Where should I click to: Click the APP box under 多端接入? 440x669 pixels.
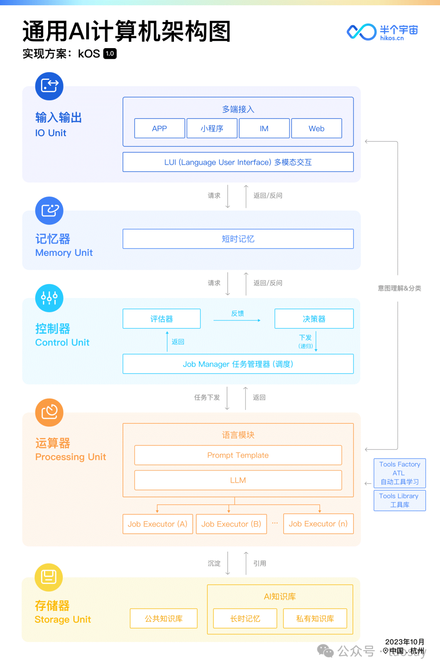click(160, 128)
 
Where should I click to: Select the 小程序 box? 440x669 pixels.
click(212, 128)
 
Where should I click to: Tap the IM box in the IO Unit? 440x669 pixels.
click(264, 128)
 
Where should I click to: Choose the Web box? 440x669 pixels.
click(316, 128)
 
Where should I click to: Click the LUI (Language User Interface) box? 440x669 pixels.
click(238, 162)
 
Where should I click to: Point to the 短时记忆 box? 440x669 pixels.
click(238, 239)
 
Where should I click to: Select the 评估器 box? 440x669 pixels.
click(162, 319)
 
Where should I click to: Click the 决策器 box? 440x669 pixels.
click(314, 319)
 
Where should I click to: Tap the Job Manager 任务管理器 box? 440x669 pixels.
click(238, 364)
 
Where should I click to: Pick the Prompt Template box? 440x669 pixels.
click(238, 455)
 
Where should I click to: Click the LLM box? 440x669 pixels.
click(238, 480)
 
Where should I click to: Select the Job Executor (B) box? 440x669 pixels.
click(231, 524)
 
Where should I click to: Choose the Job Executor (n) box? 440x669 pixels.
click(319, 524)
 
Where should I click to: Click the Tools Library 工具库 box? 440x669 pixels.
click(400, 500)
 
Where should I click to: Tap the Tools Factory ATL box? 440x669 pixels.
click(400, 473)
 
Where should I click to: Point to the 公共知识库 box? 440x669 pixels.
click(164, 618)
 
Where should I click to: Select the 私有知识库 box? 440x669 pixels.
click(315, 618)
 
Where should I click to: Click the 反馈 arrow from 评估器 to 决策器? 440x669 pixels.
click(237, 320)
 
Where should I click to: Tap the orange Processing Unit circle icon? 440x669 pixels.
click(49, 412)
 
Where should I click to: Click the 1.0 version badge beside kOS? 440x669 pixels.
click(110, 53)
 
